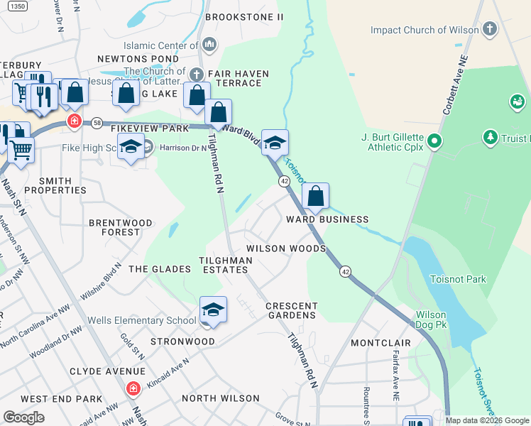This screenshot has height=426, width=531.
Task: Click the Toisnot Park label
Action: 458,279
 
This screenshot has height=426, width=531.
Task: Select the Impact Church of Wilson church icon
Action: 490,30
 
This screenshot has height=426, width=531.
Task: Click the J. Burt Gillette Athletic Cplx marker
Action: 435,142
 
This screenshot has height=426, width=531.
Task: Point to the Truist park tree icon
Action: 489,136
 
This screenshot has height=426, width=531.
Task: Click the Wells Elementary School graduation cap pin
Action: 213,310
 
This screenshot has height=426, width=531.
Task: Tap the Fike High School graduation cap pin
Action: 131,148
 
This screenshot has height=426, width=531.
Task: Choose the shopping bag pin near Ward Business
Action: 315,196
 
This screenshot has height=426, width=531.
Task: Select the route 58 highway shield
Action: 97,123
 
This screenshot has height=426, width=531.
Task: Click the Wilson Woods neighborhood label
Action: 285,248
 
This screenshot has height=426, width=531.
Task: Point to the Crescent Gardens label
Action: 291,310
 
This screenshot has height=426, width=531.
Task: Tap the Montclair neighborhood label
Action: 381,343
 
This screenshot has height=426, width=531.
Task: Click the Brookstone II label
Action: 244,16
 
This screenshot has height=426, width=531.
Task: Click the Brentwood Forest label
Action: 120,227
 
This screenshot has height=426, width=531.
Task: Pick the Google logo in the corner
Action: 23,417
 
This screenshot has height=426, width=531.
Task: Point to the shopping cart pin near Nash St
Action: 22,150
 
